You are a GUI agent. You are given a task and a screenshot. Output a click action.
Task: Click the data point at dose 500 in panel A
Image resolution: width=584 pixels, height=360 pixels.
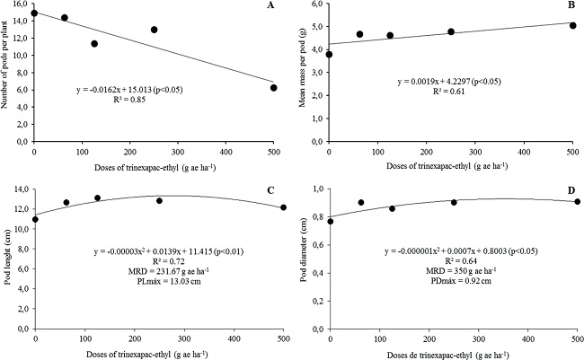273,88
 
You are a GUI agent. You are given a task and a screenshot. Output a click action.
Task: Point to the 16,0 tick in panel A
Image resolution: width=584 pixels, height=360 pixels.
22,4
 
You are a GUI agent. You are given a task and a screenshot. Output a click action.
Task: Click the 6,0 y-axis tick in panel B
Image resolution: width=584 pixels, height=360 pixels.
318,4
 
